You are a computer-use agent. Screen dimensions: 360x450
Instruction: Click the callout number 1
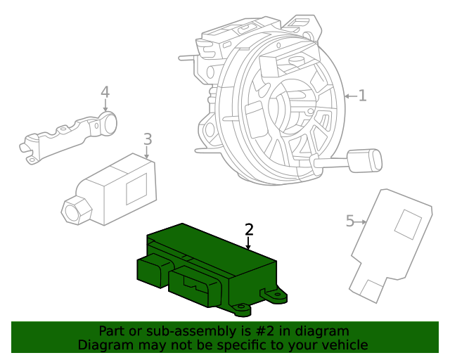362,96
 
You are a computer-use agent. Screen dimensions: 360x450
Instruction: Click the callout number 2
248,229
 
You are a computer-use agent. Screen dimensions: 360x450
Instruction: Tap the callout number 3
148,139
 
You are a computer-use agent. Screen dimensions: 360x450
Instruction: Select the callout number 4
105,92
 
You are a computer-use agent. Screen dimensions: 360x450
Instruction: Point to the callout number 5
350,221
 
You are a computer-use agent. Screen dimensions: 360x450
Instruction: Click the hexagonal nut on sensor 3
74,210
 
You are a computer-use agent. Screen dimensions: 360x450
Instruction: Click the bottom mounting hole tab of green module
241,308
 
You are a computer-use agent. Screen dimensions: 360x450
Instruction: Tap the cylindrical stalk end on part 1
366,160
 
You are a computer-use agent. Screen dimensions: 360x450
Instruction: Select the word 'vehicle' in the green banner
342,345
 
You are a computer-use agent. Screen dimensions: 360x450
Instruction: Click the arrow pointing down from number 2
248,243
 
